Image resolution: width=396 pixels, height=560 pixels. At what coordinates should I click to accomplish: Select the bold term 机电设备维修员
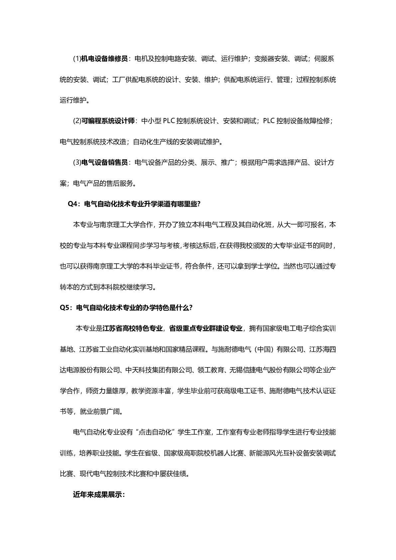tap(104, 59)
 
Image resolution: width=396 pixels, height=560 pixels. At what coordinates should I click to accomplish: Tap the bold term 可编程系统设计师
tap(108, 121)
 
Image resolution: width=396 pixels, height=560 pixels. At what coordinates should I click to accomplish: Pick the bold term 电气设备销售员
tap(104, 163)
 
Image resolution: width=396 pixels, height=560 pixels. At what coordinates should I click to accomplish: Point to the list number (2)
tap(77, 121)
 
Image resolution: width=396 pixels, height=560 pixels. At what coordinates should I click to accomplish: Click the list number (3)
tap(77, 163)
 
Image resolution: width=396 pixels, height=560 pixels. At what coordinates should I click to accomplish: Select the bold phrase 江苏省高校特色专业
tap(132, 329)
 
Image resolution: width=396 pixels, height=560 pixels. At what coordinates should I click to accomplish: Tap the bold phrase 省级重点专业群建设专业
tap(205, 329)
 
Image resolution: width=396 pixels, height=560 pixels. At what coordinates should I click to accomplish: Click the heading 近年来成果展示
tap(98, 494)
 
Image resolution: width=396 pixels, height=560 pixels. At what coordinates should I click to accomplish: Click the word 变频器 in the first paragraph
tap(264, 59)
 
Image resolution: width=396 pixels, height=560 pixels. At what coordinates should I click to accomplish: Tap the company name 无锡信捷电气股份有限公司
tap(269, 370)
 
